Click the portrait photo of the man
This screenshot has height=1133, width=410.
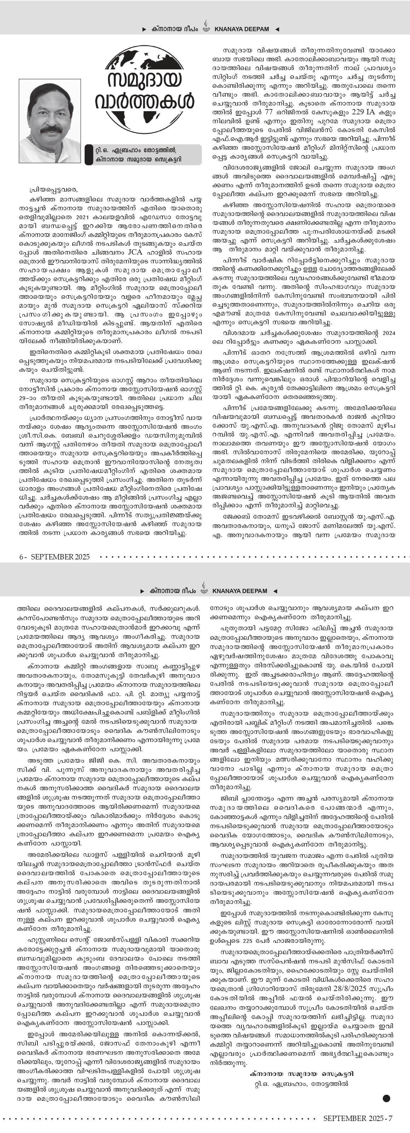(50, 120)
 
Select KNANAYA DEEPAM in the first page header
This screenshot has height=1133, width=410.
(241, 29)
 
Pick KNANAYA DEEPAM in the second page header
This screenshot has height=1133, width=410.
(239, 591)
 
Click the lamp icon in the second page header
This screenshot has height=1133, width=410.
(204, 588)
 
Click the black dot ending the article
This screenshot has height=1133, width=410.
(386, 1099)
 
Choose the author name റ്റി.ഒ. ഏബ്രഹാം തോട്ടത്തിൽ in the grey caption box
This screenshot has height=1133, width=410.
(138, 150)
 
